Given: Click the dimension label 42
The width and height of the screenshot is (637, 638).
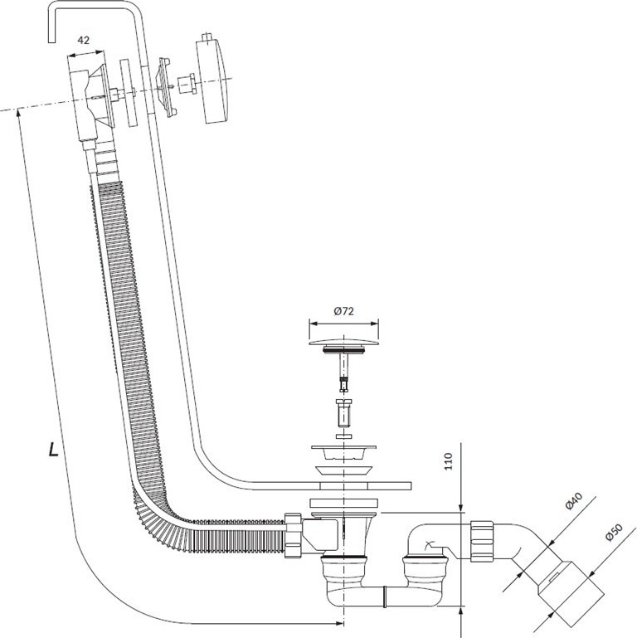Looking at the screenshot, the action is (x=84, y=41).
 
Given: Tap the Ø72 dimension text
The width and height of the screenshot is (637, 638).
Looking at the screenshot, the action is (x=343, y=311).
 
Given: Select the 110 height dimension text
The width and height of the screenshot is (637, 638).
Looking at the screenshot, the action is (x=448, y=461).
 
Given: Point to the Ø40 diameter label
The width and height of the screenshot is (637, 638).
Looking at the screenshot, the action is (x=573, y=501).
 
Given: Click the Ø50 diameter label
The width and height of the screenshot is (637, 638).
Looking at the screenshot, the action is (x=614, y=532).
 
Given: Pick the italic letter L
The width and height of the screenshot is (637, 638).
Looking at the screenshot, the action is (x=53, y=449).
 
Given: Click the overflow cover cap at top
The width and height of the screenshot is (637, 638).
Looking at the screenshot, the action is (x=212, y=78).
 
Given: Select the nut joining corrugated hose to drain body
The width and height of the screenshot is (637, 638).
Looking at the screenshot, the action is (x=293, y=535).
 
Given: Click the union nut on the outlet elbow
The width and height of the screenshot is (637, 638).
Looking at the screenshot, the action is (x=482, y=541).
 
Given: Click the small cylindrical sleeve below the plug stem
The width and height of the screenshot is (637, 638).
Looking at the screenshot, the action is (x=344, y=413).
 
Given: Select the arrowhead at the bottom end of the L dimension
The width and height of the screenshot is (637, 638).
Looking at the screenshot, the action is (x=338, y=623).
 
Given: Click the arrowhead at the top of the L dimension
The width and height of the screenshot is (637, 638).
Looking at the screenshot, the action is (x=18, y=114).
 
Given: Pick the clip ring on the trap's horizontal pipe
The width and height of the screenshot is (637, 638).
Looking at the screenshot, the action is (x=385, y=597).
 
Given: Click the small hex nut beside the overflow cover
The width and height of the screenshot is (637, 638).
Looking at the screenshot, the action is (x=187, y=84).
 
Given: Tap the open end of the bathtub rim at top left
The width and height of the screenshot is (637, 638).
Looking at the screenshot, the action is (x=51, y=41).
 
